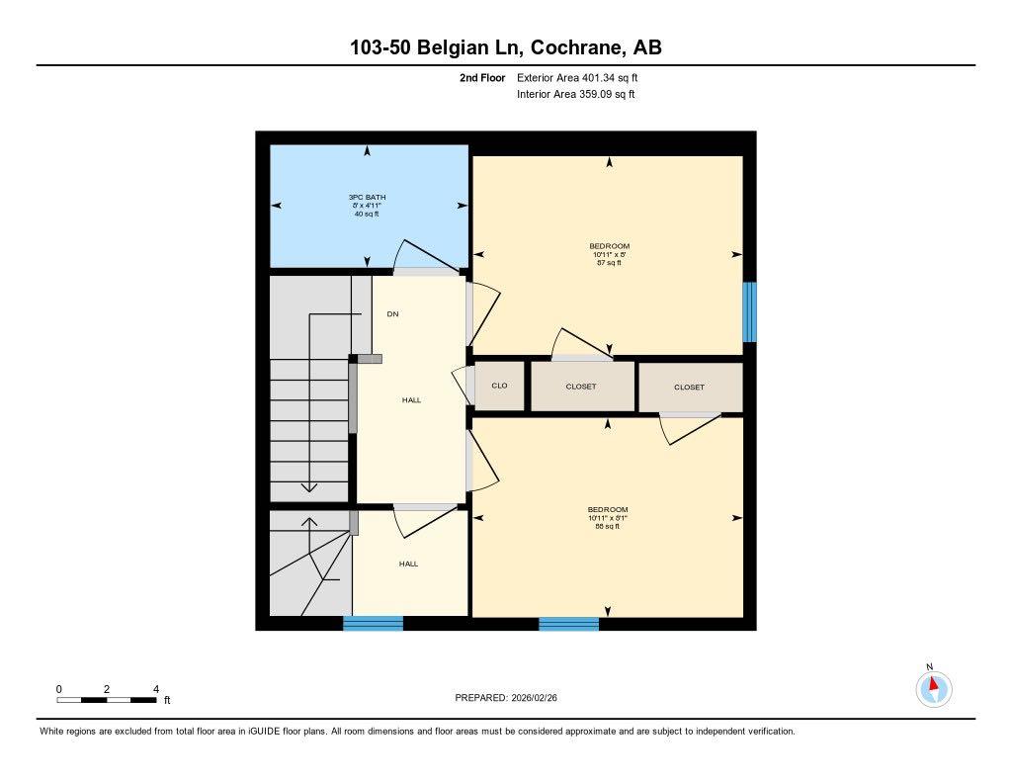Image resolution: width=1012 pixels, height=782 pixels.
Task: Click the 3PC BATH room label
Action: pyautogui.click(x=368, y=198)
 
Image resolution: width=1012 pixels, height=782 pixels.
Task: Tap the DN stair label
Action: pyautogui.click(x=392, y=314)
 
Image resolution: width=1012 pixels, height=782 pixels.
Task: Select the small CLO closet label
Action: pyautogui.click(x=499, y=386)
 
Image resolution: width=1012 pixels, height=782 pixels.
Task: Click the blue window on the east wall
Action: pyautogui.click(x=749, y=312)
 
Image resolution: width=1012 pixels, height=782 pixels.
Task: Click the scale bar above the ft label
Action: pyautogui.click(x=107, y=700)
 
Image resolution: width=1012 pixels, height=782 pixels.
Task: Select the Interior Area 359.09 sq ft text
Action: pyautogui.click(x=575, y=95)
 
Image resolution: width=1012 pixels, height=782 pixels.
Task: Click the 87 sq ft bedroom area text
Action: pyautogui.click(x=609, y=263)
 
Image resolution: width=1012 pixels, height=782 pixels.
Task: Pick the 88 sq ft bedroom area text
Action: pyautogui.click(x=608, y=527)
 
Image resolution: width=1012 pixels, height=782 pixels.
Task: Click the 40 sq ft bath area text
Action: pyautogui.click(x=367, y=215)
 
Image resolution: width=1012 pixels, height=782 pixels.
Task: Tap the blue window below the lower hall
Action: pyautogui.click(x=373, y=624)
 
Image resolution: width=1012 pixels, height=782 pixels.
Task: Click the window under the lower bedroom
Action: pyautogui.click(x=568, y=624)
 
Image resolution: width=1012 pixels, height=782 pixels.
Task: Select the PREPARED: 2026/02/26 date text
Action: pyautogui.click(x=512, y=698)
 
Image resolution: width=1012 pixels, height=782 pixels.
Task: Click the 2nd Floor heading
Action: pyautogui.click(x=482, y=77)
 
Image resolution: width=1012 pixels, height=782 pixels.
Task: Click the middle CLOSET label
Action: pyautogui.click(x=581, y=387)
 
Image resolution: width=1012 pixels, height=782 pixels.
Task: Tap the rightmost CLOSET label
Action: pyautogui.click(x=689, y=388)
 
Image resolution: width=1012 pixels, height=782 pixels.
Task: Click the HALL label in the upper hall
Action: pyautogui.click(x=411, y=400)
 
